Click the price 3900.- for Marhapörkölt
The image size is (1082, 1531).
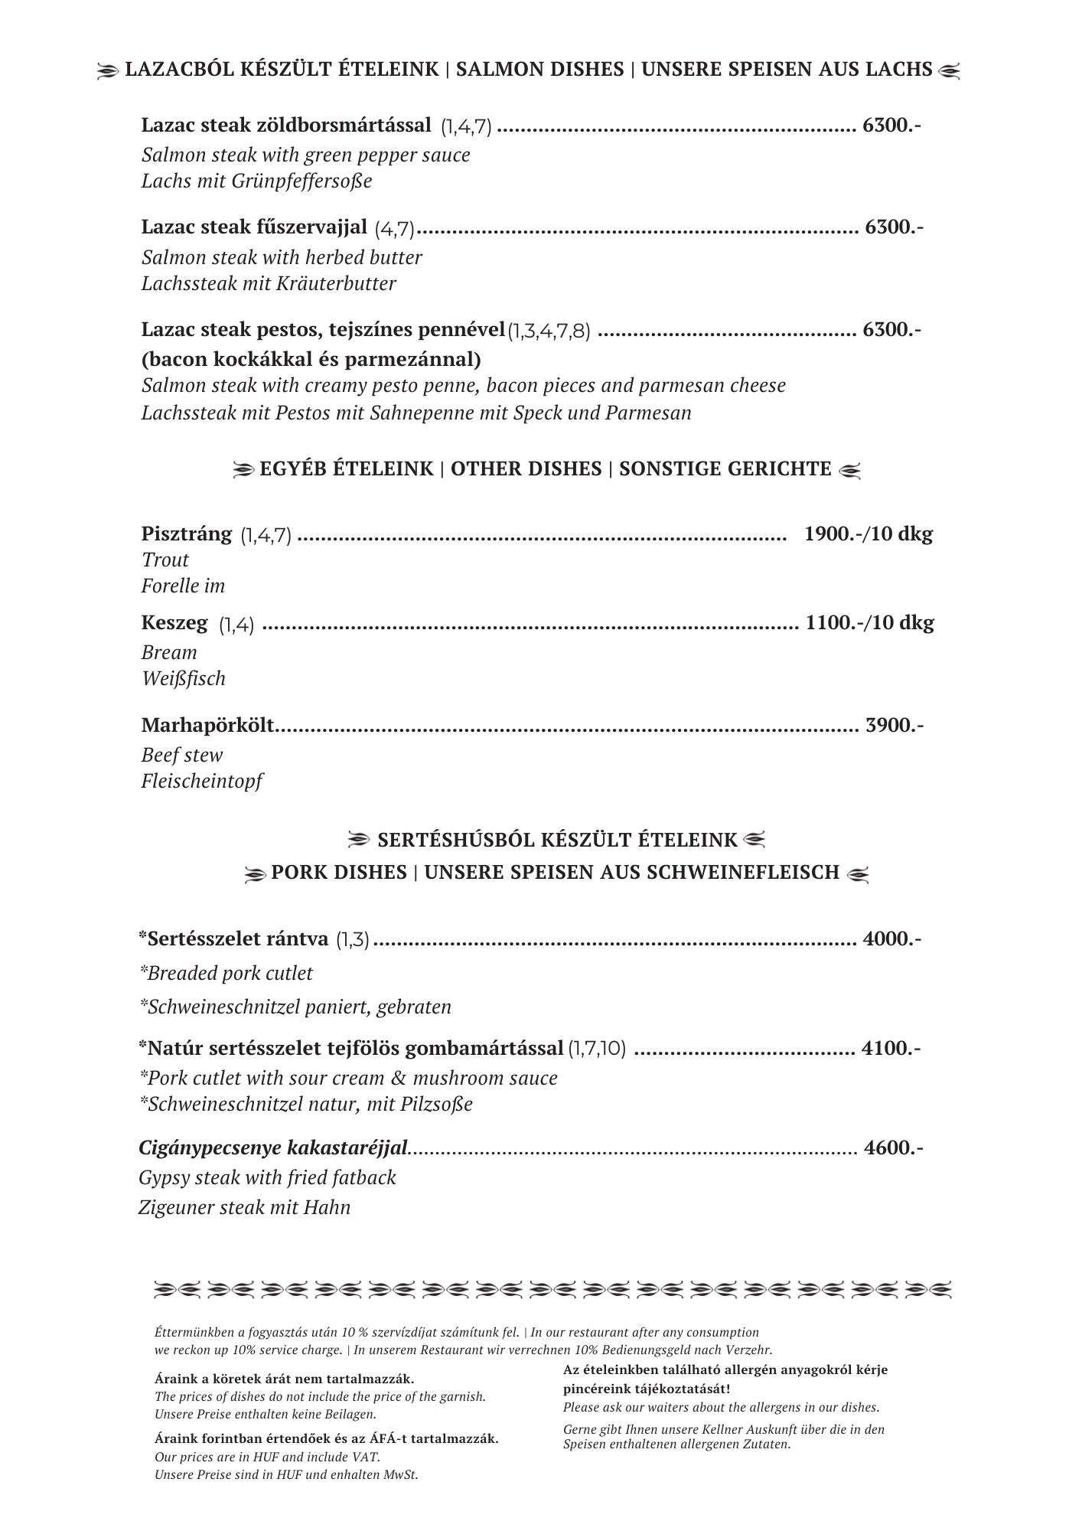pyautogui.click(x=894, y=724)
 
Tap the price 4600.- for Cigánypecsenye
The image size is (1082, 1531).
pyautogui.click(x=893, y=1147)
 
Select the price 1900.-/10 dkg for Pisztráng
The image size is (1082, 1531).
pyautogui.click(x=869, y=534)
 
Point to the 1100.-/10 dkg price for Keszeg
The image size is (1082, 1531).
pyautogui.click(x=869, y=622)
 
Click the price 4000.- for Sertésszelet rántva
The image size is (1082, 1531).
pyautogui.click(x=891, y=939)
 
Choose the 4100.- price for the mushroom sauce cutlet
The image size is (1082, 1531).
pyautogui.click(x=891, y=1047)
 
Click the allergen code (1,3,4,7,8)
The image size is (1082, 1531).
pyautogui.click(x=549, y=331)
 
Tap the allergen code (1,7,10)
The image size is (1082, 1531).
pyautogui.click(x=597, y=1049)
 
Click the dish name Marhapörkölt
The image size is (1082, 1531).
pyautogui.click(x=207, y=725)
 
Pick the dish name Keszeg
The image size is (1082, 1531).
pyautogui.click(x=174, y=622)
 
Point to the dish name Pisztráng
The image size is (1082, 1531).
pyautogui.click(x=187, y=534)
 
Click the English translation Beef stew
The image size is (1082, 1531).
pyautogui.click(x=182, y=755)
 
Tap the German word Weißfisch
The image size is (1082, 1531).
pyautogui.click(x=184, y=678)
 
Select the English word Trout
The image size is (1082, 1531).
pyautogui.click(x=165, y=560)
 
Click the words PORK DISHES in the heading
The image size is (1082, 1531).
pyautogui.click(x=339, y=873)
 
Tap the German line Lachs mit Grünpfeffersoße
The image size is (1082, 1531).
pyautogui.click(x=257, y=181)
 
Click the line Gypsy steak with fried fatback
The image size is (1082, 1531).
pyautogui.click(x=268, y=1177)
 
